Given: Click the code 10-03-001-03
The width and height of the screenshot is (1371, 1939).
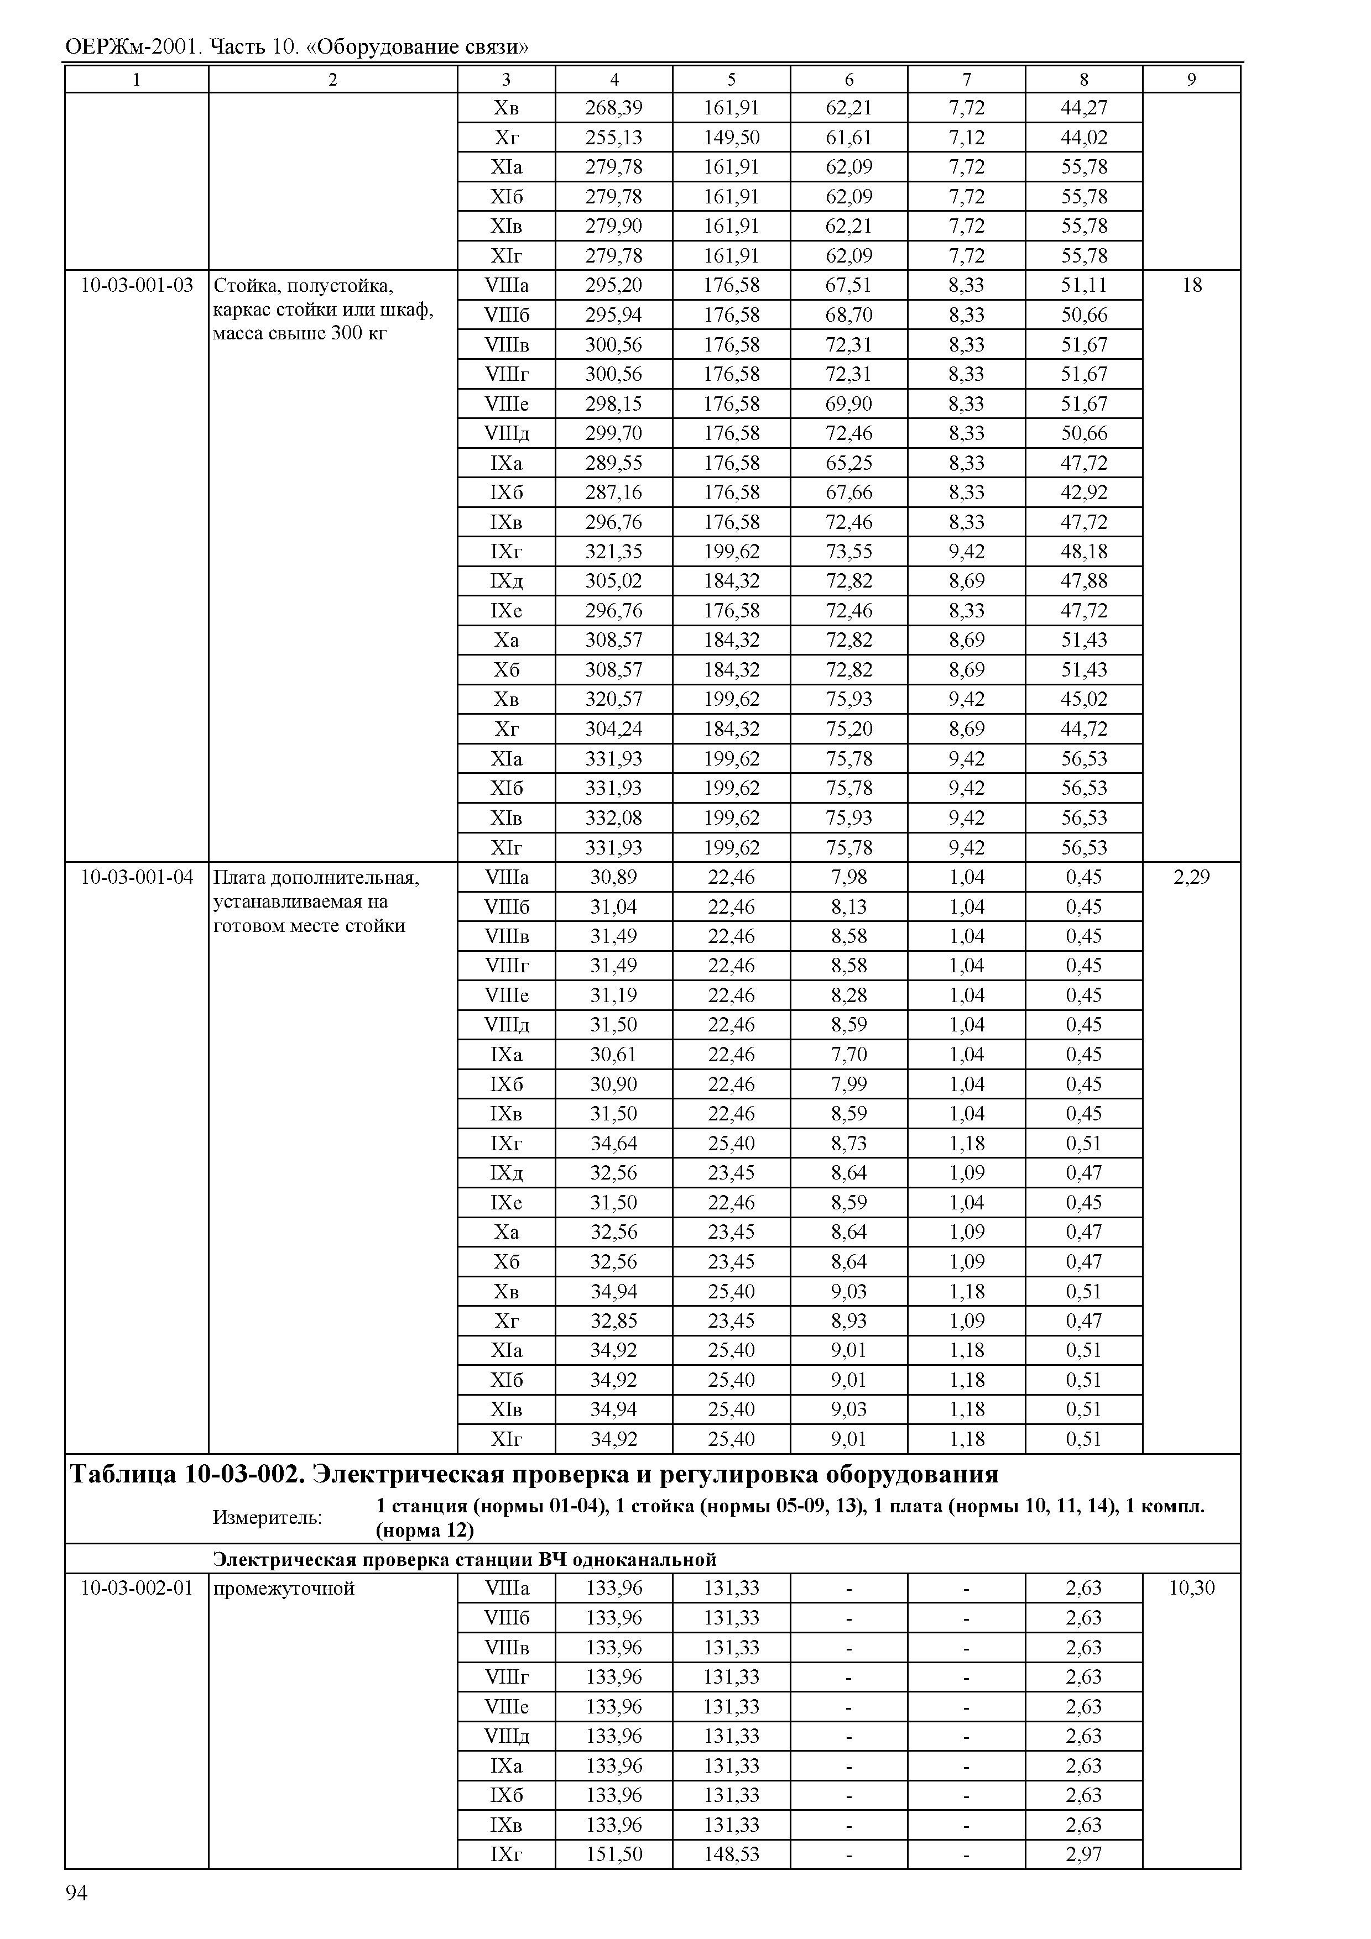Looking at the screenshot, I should point(137,285).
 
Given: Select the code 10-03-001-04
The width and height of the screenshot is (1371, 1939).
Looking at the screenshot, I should point(137,877).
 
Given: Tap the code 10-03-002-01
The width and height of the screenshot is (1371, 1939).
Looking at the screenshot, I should point(137,1589).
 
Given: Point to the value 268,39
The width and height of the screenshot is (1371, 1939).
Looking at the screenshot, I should point(613,108).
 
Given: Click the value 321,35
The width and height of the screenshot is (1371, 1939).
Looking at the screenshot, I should point(613,552).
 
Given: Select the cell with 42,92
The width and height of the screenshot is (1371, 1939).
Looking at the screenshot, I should point(1084,492).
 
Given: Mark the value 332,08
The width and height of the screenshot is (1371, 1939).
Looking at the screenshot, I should point(613,819).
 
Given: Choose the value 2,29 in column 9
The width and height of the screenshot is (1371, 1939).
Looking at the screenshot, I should point(1191,877).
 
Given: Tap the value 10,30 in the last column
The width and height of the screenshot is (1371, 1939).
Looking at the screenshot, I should point(1191,1589).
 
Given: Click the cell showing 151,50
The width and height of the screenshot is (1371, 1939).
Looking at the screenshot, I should point(613,1854).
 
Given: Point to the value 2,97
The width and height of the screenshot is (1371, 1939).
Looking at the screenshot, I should point(1084,1854).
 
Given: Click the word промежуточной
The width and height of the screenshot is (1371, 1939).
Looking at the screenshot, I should point(284,1589).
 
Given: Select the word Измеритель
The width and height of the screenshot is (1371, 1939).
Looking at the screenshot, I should point(267,1518).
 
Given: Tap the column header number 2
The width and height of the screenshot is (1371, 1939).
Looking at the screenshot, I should point(333,80).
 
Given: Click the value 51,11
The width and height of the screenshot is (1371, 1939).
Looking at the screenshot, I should point(1084,285).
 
